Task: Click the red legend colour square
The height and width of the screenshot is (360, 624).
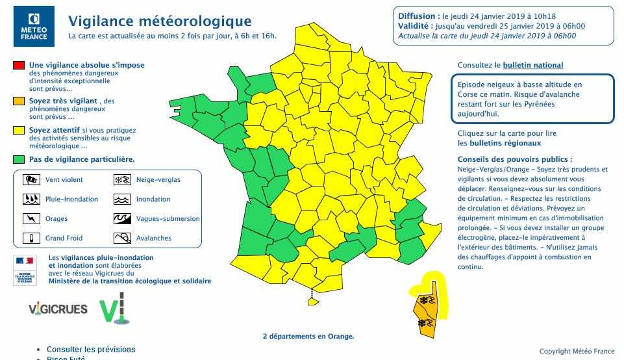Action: tap(18, 65)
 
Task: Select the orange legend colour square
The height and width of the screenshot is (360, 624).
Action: tap(18, 101)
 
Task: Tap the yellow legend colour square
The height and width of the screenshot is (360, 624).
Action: tap(18, 130)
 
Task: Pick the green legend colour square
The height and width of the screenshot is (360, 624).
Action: tap(18, 159)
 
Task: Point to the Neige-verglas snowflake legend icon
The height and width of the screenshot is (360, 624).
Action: tap(122, 180)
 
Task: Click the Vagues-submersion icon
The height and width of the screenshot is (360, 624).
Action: tap(122, 219)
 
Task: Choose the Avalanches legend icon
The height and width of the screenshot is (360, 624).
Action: tap(122, 238)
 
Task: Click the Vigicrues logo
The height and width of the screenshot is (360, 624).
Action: tap(58, 309)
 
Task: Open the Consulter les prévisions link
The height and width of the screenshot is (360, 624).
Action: tap(91, 350)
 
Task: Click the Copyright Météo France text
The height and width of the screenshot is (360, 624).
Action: tap(577, 352)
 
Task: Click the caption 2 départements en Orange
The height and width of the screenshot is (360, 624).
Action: tap(308, 337)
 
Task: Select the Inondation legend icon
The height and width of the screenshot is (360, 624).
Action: tap(122, 199)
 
